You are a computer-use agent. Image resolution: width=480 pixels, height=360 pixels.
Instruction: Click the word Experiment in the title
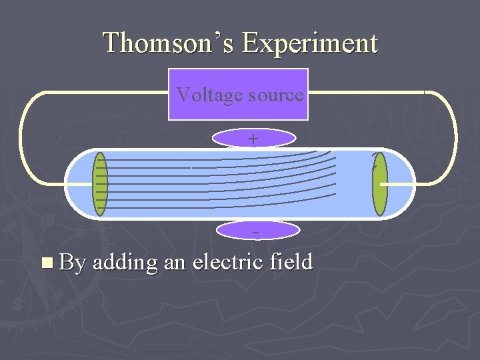pyautogui.click(x=310, y=43)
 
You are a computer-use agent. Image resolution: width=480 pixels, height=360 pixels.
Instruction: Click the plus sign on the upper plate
pyautogui.click(x=253, y=138)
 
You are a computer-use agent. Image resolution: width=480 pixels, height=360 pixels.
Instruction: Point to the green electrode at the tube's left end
pyautogui.click(x=101, y=184)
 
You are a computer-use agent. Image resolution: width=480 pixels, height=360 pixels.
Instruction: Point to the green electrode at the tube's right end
pyautogui.click(x=379, y=184)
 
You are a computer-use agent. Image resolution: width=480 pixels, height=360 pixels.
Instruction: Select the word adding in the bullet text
pyautogui.click(x=125, y=262)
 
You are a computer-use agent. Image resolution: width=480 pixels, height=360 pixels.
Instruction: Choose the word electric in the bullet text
pyautogui.click(x=227, y=262)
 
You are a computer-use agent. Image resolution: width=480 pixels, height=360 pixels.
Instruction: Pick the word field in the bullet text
pyautogui.click(x=291, y=262)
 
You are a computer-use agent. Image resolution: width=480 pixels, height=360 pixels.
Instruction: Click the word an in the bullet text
pyautogui.click(x=174, y=262)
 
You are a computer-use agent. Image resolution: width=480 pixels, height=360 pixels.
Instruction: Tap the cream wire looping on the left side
pyautogui.click(x=22, y=137)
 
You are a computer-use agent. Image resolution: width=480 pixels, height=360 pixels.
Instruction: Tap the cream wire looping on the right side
pyautogui.click(x=455, y=137)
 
